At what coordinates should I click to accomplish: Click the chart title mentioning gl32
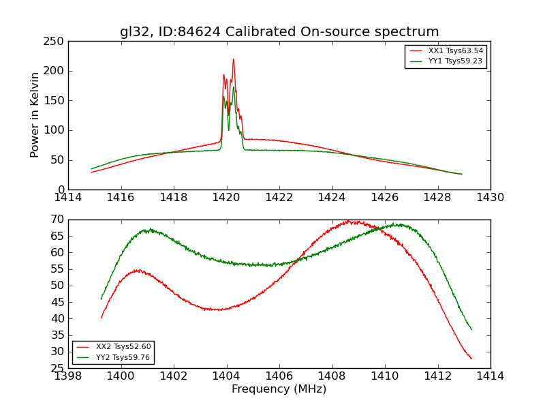[279, 32]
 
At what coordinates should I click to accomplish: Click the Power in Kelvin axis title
[35, 115]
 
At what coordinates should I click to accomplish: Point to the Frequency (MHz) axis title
[279, 389]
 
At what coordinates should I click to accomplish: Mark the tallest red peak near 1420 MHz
[233, 59]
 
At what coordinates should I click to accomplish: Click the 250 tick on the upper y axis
[56, 42]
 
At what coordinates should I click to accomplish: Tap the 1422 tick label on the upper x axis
[279, 198]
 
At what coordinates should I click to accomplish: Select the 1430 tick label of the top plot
[490, 198]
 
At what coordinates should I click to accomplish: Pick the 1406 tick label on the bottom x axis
[279, 376]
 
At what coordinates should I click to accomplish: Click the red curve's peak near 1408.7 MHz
[349, 221]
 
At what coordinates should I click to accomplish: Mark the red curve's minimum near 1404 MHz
[217, 309]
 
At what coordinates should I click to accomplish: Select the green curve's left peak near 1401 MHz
[151, 230]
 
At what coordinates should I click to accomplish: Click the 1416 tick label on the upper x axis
[121, 198]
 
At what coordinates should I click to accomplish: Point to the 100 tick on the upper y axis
[56, 130]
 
